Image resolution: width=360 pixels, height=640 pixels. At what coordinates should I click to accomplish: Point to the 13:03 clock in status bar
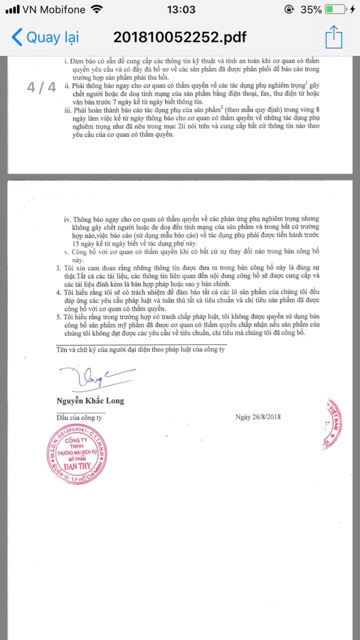181,9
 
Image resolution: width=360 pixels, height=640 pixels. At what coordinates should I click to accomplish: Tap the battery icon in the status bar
340,9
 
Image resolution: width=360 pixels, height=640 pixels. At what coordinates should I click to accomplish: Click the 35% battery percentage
311,9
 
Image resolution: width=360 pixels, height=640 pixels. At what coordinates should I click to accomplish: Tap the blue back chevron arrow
16,39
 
